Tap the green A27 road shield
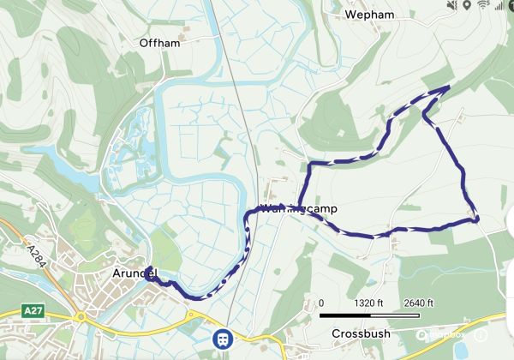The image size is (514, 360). click(x=33, y=310)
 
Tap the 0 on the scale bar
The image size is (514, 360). click(x=322, y=303)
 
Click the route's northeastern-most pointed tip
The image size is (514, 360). click(x=450, y=87)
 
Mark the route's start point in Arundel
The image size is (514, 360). click(x=149, y=276)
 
